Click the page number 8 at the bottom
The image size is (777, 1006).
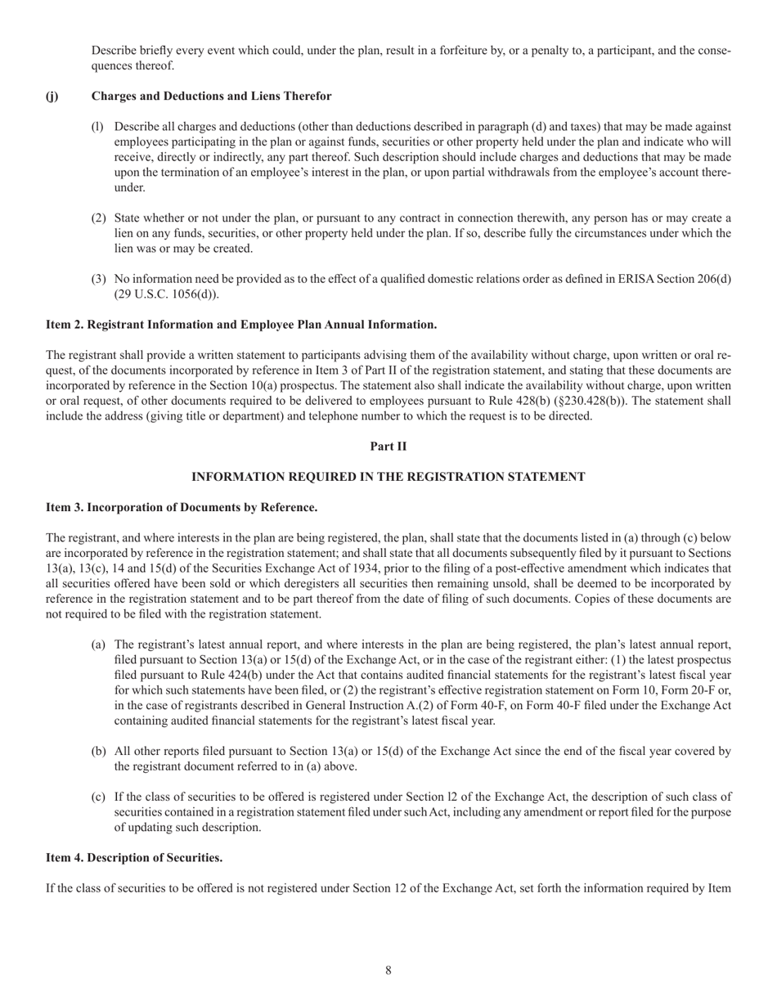click(388, 971)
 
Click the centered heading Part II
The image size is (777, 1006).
click(388, 447)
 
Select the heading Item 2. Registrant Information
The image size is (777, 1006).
click(241, 325)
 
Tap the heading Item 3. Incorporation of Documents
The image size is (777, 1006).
click(182, 507)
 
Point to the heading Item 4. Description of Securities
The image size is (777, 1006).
click(134, 857)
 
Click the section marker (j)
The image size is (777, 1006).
click(52, 97)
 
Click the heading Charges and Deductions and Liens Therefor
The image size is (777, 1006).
click(211, 97)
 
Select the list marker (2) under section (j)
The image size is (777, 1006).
click(98, 218)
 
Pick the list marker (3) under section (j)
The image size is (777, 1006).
click(98, 280)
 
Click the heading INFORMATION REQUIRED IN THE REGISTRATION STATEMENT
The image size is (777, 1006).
click(388, 477)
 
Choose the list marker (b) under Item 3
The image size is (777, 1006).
click(98, 751)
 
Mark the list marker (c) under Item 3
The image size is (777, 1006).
click(98, 797)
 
